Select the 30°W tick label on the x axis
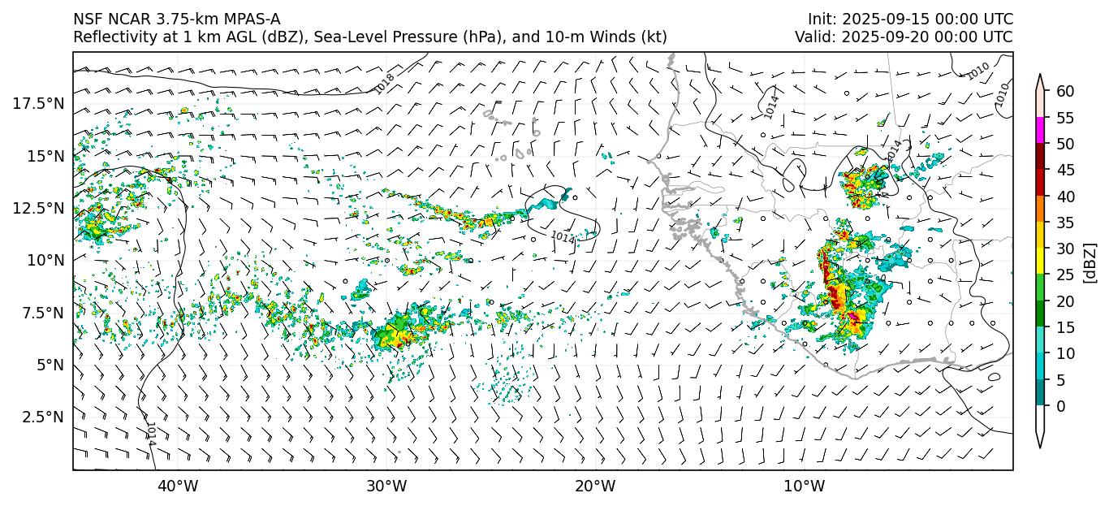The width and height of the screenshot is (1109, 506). coord(386,487)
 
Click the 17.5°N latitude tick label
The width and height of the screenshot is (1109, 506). coord(37,103)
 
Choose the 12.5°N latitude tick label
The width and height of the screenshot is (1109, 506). coord(37,208)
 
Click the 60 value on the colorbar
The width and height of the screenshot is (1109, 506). coord(1065,91)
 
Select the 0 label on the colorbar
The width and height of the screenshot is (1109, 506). coord(1061,406)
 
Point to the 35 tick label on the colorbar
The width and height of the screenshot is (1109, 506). coord(1065,223)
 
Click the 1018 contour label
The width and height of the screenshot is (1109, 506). coord(385,83)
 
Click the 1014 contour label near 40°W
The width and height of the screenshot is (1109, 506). coord(151,433)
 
